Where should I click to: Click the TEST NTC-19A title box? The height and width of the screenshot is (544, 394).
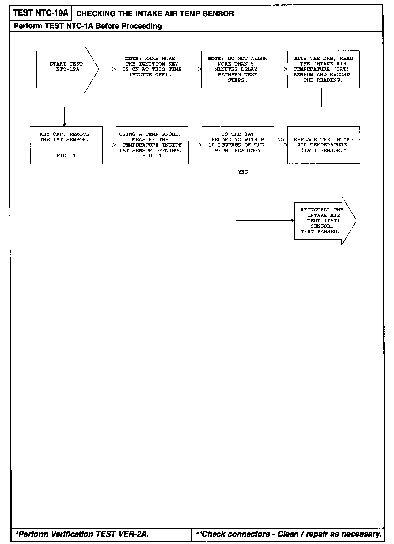pos(41,13)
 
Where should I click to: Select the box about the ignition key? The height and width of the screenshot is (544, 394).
pos(152,69)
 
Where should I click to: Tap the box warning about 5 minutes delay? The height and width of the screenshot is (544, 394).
pos(237,69)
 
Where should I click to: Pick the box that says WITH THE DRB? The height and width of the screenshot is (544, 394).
pos(323,69)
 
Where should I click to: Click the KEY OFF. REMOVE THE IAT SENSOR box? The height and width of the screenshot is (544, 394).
pos(66,145)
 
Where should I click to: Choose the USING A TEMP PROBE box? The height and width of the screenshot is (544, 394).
pos(152,145)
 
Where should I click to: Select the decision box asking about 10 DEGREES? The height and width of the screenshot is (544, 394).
pos(237,145)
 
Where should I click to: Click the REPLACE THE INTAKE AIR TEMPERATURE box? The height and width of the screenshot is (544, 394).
pos(323,145)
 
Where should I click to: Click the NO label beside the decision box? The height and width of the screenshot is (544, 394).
pos(281,140)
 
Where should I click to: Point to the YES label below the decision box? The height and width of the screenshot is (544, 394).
pos(243,172)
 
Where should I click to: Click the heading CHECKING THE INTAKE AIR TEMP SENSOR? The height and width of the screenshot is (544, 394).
pos(155,14)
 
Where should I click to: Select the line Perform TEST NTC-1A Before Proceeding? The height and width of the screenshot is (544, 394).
pos(88,26)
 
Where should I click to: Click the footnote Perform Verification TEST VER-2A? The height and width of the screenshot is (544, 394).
pos(82,534)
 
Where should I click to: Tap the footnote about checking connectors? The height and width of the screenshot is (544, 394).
pos(289,534)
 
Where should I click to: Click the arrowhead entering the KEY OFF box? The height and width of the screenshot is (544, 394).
pos(64,124)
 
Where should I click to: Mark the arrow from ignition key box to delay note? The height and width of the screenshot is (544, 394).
pos(195,69)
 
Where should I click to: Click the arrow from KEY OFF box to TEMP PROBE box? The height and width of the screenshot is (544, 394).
pos(109,145)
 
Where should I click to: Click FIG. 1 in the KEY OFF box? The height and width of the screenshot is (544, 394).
pos(66,156)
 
